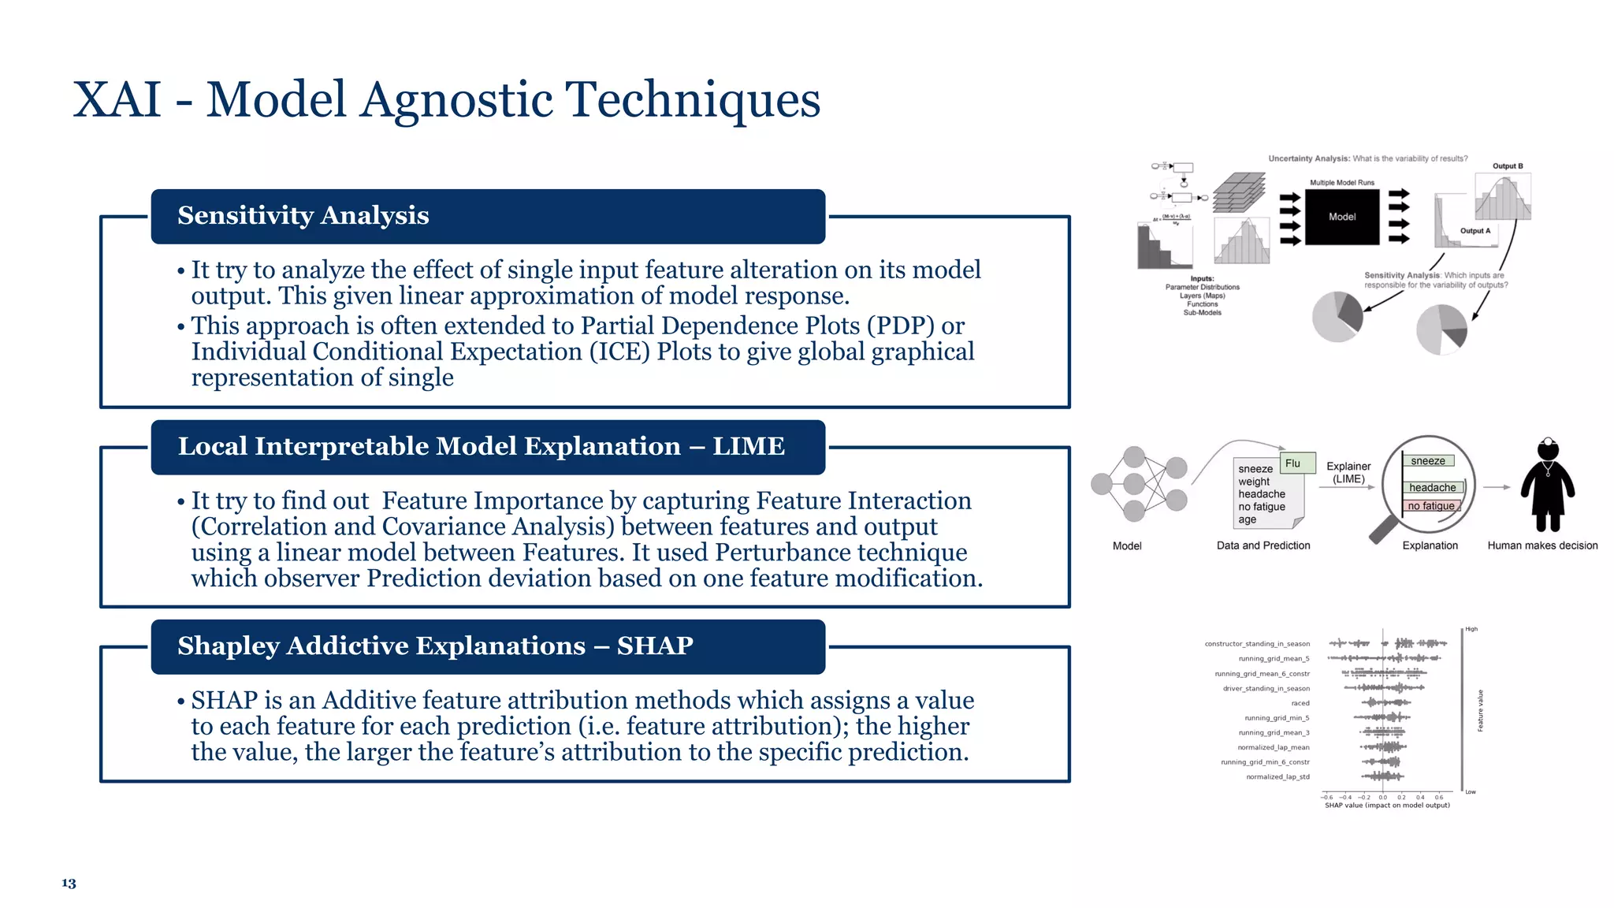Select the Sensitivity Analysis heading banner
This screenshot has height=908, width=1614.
[488, 216]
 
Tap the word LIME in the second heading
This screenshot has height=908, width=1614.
[748, 446]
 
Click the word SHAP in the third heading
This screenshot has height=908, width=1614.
[655, 646]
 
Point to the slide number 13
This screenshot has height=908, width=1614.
[69, 884]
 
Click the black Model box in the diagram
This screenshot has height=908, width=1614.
[1342, 217]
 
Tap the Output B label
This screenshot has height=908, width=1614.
[1508, 166]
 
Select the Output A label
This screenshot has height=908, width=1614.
[1475, 231]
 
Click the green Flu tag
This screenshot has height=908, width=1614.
[1293, 463]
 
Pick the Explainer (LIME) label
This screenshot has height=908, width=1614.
[1348, 473]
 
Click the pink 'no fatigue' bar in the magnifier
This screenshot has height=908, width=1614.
[1431, 506]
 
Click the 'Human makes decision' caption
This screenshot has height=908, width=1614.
[1542, 545]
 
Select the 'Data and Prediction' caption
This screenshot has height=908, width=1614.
[1263, 545]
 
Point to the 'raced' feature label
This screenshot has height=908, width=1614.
[1300, 703]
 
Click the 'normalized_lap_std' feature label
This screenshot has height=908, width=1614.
[1277, 777]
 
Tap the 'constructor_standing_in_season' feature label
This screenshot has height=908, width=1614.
[1257, 644]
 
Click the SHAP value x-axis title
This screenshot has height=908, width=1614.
[1387, 806]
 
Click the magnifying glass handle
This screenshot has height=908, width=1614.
[1382, 530]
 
